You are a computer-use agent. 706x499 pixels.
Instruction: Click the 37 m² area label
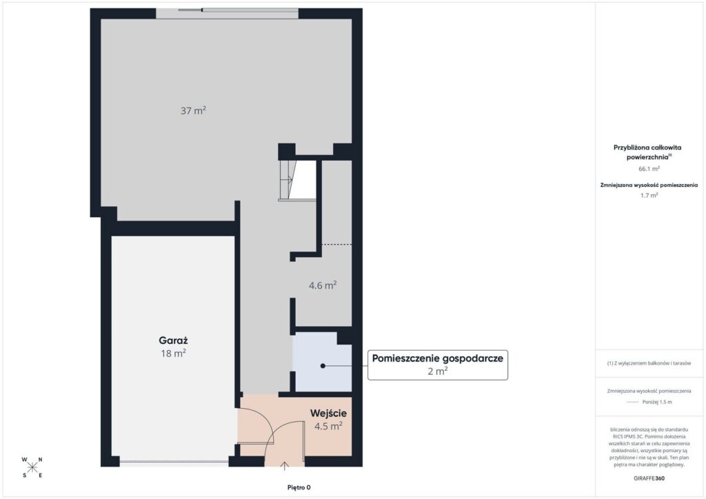(193, 110)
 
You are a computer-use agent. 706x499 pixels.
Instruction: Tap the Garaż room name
(173, 340)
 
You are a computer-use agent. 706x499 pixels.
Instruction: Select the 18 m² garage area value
(173, 353)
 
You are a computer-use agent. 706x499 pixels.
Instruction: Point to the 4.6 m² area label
(323, 285)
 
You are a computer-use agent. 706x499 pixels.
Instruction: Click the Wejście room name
(328, 413)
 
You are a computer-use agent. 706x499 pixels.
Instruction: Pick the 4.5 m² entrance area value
(328, 426)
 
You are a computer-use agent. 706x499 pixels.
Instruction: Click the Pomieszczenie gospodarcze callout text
(438, 358)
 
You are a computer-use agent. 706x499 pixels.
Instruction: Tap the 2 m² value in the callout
(438, 371)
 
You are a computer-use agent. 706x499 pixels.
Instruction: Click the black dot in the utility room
(323, 366)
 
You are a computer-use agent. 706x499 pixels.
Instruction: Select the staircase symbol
(297, 180)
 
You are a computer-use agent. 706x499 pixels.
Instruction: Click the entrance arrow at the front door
(285, 466)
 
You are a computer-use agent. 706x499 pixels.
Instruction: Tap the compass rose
(32, 467)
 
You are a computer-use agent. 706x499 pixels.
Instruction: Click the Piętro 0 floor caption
(299, 487)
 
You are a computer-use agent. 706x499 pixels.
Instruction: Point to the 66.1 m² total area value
(649, 169)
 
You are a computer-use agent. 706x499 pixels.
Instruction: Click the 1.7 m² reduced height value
(649, 195)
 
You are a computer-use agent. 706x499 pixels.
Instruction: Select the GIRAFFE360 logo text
(649, 478)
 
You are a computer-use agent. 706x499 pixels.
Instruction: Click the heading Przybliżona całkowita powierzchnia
(647, 152)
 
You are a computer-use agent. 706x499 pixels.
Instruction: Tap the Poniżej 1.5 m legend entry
(657, 402)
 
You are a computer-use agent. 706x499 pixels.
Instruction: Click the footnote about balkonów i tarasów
(649, 363)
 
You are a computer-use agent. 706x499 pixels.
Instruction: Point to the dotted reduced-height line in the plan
(336, 245)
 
